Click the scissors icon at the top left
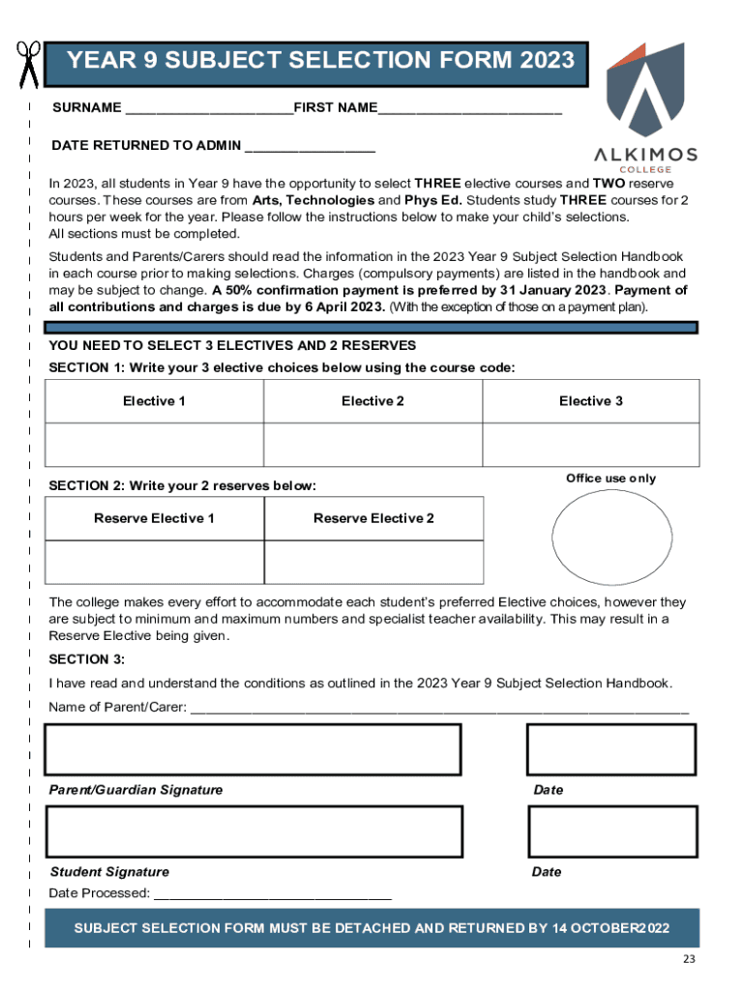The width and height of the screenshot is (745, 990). [27, 64]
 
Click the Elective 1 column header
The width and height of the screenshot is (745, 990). [154, 401]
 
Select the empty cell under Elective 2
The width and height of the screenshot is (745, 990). [372, 445]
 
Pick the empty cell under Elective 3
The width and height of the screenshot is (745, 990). [590, 445]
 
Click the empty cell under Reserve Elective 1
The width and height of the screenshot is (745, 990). [154, 562]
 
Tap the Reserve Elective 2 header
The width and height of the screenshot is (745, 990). [373, 518]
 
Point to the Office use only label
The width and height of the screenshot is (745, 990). [611, 479]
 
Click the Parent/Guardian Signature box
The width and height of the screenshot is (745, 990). [254, 749]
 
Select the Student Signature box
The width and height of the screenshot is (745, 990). [254, 830]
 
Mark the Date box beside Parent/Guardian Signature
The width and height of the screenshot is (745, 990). [611, 749]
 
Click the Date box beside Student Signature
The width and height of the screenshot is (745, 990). [611, 830]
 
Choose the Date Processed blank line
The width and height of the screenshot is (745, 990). [273, 895]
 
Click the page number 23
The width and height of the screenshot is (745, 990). [688, 959]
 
